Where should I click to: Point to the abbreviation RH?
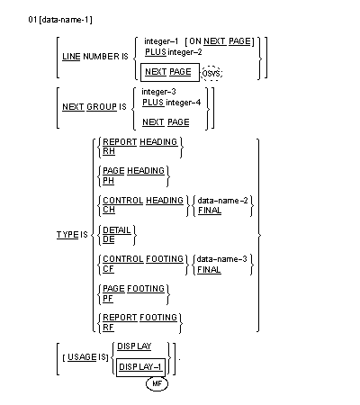point(107,151)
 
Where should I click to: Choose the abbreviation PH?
point(107,180)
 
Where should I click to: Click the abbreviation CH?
point(107,209)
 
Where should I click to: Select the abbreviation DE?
point(107,238)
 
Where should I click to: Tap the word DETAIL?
point(116,228)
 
